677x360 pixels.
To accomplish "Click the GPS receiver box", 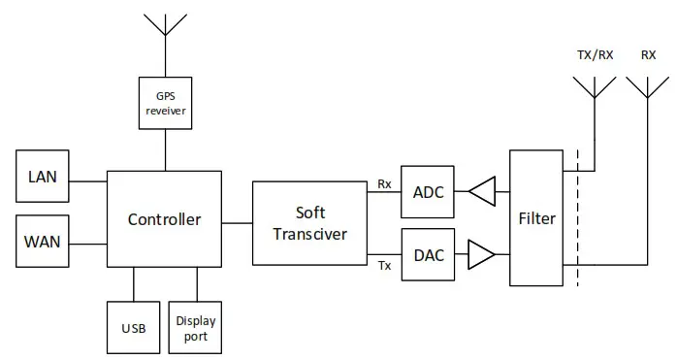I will point(164,104).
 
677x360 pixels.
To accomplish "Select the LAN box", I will point(42,177).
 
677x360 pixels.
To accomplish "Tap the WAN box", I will point(42,242).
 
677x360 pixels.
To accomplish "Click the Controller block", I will point(164,219).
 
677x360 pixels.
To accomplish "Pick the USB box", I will point(133,328).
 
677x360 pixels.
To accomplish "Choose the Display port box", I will point(197,328).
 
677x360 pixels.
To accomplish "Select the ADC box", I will point(428,192).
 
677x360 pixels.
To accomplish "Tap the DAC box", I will point(428,254).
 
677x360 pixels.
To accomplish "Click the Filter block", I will point(535,218).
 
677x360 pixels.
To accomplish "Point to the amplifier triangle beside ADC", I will point(481,192).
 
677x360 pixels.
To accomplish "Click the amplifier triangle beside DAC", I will point(481,254).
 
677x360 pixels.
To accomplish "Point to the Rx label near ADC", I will point(384,181).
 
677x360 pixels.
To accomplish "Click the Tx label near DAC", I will point(384,266).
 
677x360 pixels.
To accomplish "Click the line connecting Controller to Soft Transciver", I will point(237,222).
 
